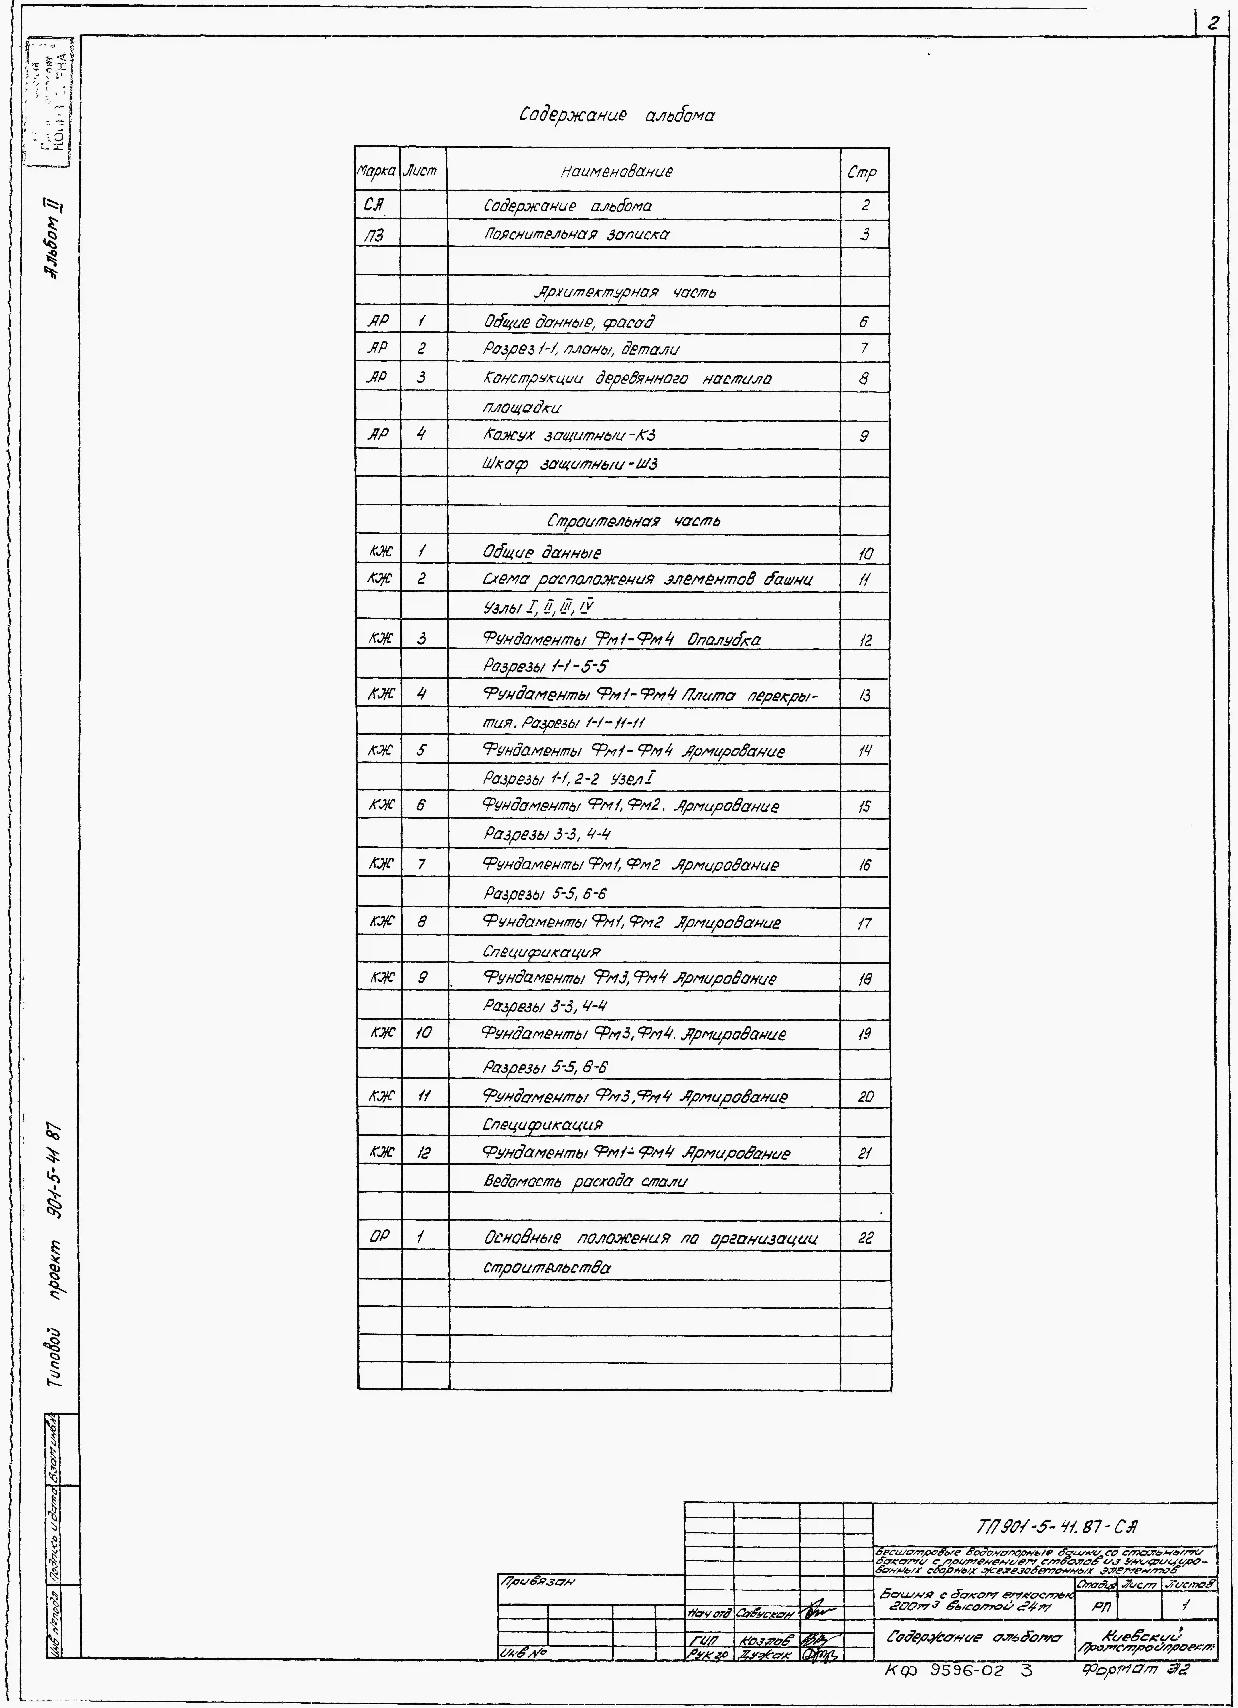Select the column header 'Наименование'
[616, 172]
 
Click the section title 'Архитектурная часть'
[624, 292]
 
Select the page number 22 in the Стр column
[864, 1238]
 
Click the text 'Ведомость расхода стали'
[584, 1182]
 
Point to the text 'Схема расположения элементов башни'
[647, 580]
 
